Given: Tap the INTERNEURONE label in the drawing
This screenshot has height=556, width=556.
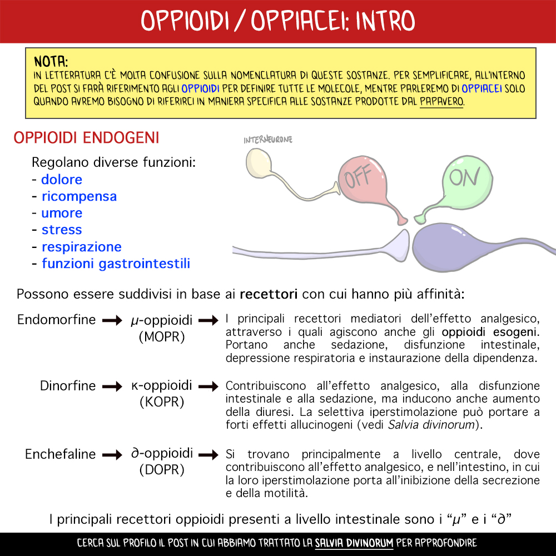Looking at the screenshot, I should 268,140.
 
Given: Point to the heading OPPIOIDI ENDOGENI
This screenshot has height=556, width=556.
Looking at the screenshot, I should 86,138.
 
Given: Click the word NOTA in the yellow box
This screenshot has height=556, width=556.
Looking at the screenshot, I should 51,61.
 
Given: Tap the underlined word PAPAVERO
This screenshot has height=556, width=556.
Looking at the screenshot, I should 441,102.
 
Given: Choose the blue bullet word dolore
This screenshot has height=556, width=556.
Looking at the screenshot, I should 62,180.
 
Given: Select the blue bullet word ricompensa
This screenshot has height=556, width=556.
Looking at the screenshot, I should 79,196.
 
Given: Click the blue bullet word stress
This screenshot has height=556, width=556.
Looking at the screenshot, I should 62,230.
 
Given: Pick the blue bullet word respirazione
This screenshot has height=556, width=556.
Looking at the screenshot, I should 81,246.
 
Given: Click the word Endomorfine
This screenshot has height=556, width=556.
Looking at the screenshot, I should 57,320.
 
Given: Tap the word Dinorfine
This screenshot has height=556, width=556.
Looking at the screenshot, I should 68,386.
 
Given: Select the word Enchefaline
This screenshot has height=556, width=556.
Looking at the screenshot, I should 61,454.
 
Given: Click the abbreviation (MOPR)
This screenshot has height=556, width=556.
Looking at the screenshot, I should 162,337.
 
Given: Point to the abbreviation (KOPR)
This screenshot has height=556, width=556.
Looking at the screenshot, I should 162,402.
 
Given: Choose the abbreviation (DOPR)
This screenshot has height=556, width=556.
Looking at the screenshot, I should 162,470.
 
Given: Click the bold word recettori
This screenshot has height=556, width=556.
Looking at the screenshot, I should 269,294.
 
